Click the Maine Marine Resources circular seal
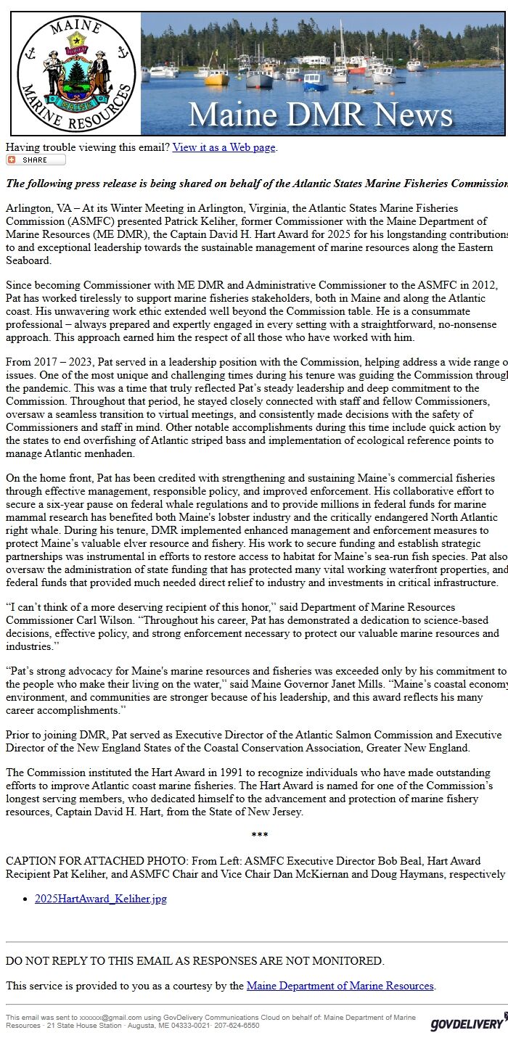coord(76,73)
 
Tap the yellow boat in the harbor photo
coord(216,78)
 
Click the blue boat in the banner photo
coord(315,82)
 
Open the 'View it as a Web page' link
coord(224,147)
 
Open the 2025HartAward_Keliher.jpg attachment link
coord(101,899)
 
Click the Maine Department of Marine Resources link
coord(340,986)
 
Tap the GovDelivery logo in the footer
coord(467,1023)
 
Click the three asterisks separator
coord(259,836)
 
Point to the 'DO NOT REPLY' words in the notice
coord(43,960)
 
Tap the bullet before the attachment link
coord(26,899)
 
